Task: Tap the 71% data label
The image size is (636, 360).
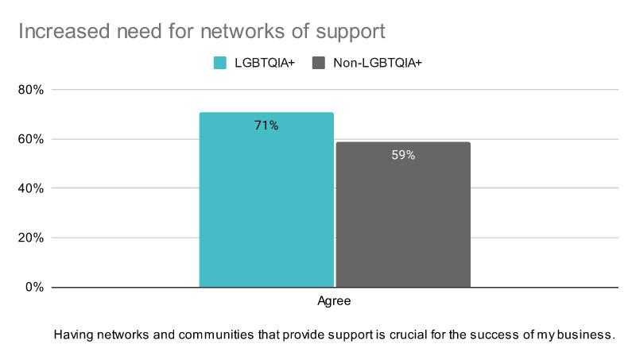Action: tap(266, 126)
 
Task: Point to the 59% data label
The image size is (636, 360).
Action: tap(403, 155)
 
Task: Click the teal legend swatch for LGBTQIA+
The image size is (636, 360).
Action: tap(220, 63)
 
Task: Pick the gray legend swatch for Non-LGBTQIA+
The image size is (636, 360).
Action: tap(320, 63)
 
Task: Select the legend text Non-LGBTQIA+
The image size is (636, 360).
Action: tap(378, 63)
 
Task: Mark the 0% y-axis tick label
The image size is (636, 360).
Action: tap(33, 287)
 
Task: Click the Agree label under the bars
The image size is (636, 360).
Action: tap(334, 302)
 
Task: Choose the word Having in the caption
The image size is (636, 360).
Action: tap(72, 335)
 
